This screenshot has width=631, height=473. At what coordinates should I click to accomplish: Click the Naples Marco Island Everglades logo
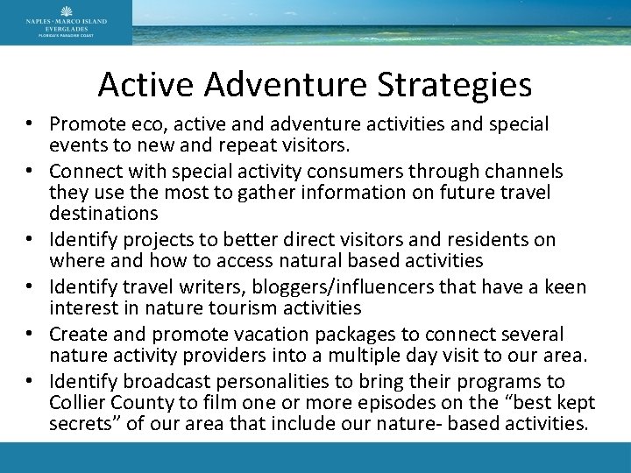click(x=66, y=22)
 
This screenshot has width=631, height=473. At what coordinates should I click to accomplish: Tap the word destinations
click(x=104, y=214)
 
